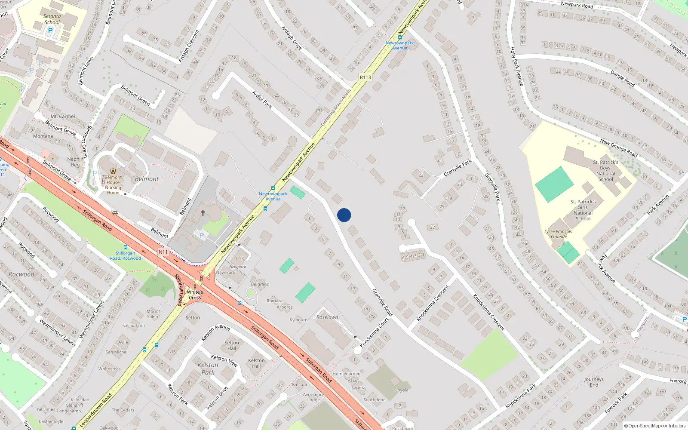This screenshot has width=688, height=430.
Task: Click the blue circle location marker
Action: click(x=344, y=215)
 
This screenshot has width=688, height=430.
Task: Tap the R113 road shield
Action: click(x=365, y=77)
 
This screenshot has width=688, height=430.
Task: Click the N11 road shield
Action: click(x=163, y=252)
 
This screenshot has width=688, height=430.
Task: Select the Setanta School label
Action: click(x=52, y=19)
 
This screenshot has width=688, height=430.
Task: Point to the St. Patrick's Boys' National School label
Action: click(x=605, y=171)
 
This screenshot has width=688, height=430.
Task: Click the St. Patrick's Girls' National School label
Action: click(x=583, y=210)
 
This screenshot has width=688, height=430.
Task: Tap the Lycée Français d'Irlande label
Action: click(x=558, y=234)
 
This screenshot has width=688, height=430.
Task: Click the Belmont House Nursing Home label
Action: click(x=113, y=185)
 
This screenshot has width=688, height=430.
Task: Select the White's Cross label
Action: click(x=195, y=295)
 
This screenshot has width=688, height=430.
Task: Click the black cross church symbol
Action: click(x=203, y=212)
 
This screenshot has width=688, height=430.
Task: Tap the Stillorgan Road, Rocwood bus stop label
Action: click(x=125, y=256)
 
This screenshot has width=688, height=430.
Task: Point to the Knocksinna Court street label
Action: click(x=375, y=332)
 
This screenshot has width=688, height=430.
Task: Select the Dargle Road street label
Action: click(x=623, y=79)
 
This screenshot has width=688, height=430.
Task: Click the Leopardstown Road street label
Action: click(x=95, y=410)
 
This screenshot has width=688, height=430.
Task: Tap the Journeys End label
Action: click(x=594, y=382)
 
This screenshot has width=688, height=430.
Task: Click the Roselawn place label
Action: click(x=327, y=317)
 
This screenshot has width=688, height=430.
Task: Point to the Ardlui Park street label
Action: click(x=262, y=99)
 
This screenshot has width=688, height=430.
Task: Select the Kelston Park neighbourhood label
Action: click(x=208, y=369)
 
